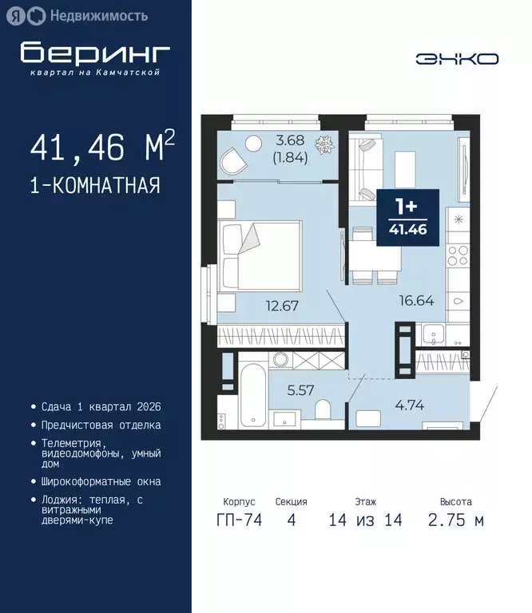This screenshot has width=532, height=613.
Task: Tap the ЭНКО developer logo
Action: [457, 58]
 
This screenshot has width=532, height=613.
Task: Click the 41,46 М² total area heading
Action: [102, 148]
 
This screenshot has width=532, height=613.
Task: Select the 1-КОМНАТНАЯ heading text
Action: [95, 187]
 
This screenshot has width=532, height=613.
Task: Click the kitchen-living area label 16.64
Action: [417, 301]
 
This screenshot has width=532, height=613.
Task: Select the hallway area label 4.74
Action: [408, 404]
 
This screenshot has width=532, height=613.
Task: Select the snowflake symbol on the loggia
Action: [325, 146]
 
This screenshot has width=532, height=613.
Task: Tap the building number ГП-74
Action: [240, 520]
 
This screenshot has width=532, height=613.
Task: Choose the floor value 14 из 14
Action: [365, 520]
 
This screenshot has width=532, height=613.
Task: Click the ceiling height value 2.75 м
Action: [455, 520]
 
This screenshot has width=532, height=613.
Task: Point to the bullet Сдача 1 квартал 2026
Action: [100, 407]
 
